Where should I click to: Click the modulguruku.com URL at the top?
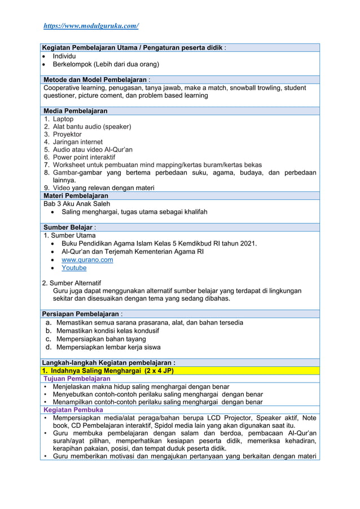pyautogui.click(x=91, y=26)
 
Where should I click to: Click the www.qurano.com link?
pyautogui.click(x=87, y=260)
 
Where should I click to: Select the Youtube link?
pyautogui.click(x=74, y=268)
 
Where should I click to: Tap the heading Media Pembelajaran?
pyautogui.click(x=75, y=111)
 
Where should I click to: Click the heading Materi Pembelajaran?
pyautogui.click(x=76, y=196)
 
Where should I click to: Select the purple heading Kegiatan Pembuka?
pyautogui.click(x=73, y=410)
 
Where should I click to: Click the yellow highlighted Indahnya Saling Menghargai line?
pyautogui.click(x=108, y=371)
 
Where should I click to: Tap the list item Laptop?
pyautogui.click(x=63, y=119)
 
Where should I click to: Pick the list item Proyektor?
pyautogui.click(x=67, y=134)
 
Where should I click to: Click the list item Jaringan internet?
pyautogui.click(x=78, y=142)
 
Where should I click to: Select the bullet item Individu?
pyautogui.click(x=65, y=56)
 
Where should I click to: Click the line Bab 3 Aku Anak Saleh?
pyautogui.click(x=77, y=204)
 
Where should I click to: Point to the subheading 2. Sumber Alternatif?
pyautogui.click(x=72, y=283)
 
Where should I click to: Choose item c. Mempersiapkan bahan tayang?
pyautogui.click(x=101, y=339)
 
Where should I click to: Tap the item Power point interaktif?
pyautogui.click(x=84, y=157)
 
